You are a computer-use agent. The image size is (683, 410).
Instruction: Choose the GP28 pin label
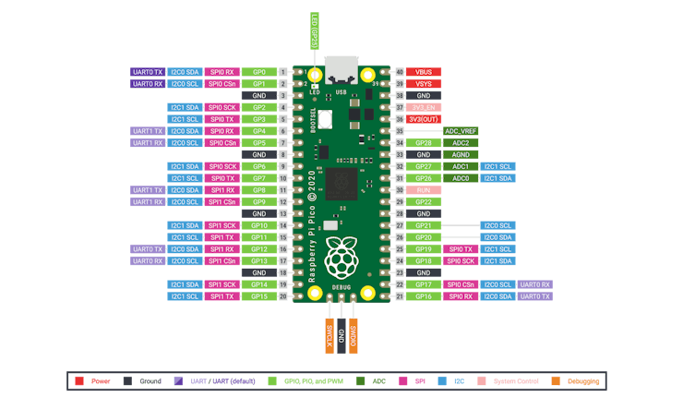pos(424,143)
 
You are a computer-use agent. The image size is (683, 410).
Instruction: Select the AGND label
pos(460,154)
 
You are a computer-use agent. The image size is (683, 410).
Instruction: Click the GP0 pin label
pos(259,72)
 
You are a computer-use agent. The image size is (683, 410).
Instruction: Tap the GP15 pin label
pos(259,296)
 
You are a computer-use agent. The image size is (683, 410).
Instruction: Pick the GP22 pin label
pos(424,202)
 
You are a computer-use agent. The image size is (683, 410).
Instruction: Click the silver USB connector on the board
pos(341,69)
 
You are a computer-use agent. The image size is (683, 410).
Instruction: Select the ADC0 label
pos(460,178)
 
